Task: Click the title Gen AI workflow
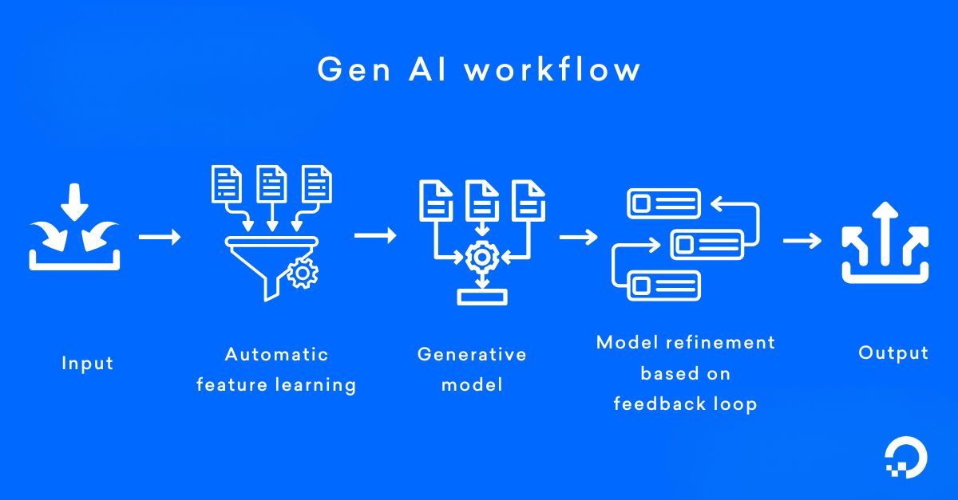tap(479, 69)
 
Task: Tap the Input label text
tap(88, 364)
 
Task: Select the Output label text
tap(893, 353)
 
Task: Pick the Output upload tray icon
tap(885, 242)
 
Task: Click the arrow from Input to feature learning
tap(160, 237)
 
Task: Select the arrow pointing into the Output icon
tap(802, 240)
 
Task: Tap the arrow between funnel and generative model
tap(375, 236)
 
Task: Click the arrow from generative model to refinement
tap(579, 237)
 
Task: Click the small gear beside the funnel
tap(303, 274)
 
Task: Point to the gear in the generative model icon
tap(481, 257)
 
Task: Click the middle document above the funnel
tap(271, 184)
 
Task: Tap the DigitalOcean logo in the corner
tap(906, 461)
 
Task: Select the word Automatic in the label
tap(276, 354)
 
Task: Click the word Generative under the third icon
tap(472, 354)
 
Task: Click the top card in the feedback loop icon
tap(663, 203)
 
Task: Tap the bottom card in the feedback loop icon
tap(663, 285)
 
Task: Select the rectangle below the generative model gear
tap(481, 297)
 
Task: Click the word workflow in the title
tap(552, 69)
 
